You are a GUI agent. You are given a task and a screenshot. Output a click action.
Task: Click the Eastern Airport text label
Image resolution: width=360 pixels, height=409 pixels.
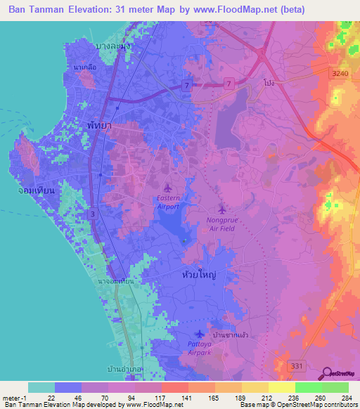(167, 202)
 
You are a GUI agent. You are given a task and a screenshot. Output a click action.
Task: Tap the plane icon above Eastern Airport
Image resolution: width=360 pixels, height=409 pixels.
(167, 188)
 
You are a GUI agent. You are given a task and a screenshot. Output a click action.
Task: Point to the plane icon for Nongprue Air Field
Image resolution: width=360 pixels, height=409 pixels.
(222, 209)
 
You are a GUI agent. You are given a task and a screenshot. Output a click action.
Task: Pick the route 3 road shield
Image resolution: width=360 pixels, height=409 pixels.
(93, 214)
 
